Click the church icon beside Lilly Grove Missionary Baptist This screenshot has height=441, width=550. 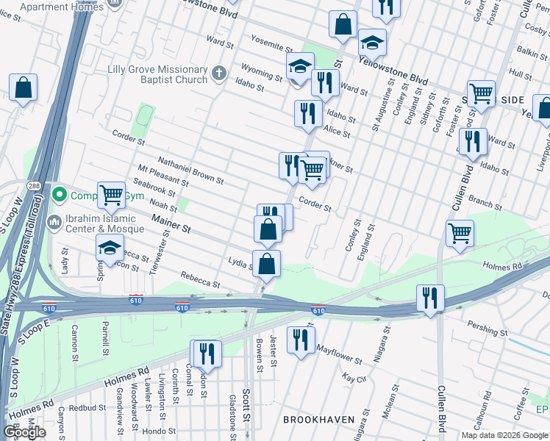tap(218, 73)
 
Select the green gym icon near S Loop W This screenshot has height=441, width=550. tap(60, 196)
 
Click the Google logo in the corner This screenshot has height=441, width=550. tap(25, 432)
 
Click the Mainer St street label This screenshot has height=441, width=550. tap(171, 223)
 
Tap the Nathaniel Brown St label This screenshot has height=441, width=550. tap(190, 172)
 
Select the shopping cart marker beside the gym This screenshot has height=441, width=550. tap(111, 196)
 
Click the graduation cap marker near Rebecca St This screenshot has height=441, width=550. tap(110, 248)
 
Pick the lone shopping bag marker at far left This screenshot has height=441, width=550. tap(24, 88)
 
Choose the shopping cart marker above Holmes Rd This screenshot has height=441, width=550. tap(460, 234)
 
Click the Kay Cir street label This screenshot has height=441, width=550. tap(354, 377)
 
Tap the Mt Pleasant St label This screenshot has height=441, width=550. tap(163, 175)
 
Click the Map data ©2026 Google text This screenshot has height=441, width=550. tap(504, 434)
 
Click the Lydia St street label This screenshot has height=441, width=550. tap(240, 262)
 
